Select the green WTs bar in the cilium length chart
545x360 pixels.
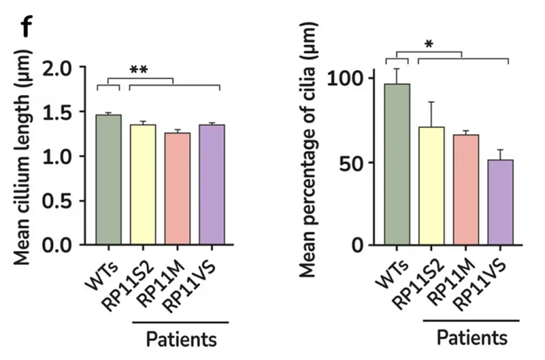click(x=108, y=180)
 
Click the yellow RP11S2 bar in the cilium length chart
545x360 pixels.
click(x=142, y=185)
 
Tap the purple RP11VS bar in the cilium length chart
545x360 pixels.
click(x=211, y=185)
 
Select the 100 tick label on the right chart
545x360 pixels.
click(x=346, y=79)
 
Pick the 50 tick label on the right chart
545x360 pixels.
click(x=352, y=163)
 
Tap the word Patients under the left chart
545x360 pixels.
click(x=182, y=340)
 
